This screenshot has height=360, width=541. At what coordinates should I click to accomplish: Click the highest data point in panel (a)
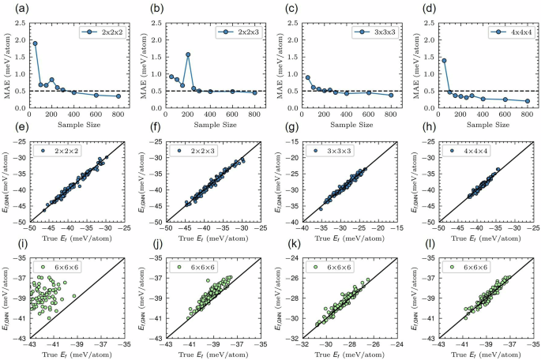[36, 43]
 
